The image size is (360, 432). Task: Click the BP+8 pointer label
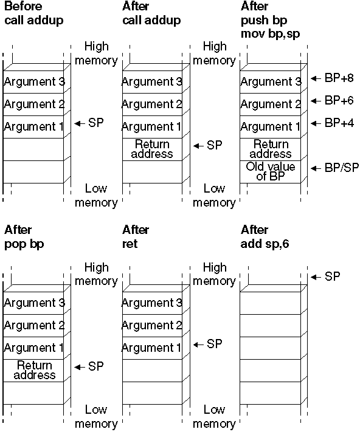coord(339,78)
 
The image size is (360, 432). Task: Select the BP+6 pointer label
coord(339,101)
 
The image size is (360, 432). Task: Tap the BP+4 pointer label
coord(339,123)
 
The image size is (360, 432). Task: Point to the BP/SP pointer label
coord(342,168)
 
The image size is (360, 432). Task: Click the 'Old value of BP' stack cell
coord(271,171)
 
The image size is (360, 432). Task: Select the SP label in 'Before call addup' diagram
coord(95,123)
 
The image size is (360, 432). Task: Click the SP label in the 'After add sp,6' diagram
coord(332,276)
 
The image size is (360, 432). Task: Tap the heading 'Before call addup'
coord(34,13)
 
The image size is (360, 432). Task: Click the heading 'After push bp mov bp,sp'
coord(271,20)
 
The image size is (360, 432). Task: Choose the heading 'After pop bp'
coord(24,237)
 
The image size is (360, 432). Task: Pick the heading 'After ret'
coord(136,237)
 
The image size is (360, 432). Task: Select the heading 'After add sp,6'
coord(265,237)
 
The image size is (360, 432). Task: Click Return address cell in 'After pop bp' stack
coord(35,370)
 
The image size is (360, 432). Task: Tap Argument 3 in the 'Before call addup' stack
coord(35,82)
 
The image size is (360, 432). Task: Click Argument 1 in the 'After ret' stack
coord(151,348)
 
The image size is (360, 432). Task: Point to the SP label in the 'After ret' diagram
coord(214,345)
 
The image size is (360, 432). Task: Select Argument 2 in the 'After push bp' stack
coord(271,105)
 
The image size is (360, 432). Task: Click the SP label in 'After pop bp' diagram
coord(95,367)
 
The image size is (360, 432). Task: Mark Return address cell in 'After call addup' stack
coord(152,149)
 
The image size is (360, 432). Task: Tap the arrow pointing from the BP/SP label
coord(316,168)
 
